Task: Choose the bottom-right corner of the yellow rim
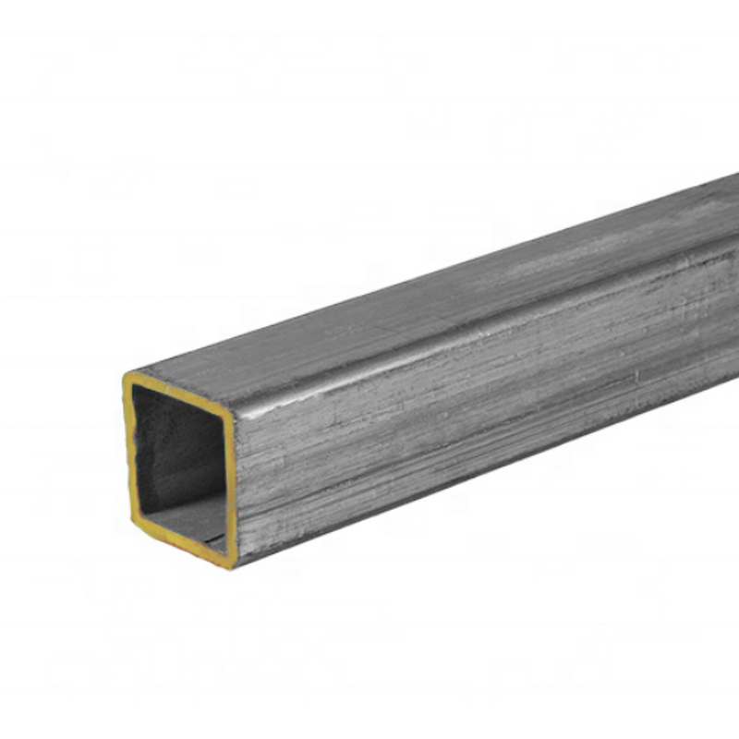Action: click(x=228, y=563)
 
